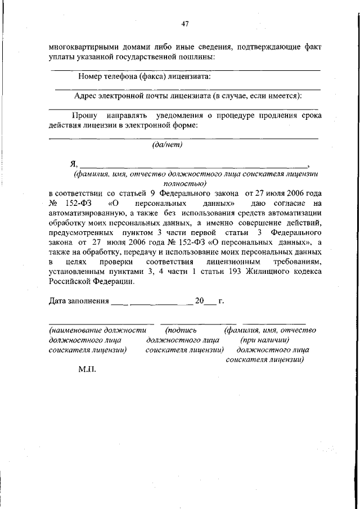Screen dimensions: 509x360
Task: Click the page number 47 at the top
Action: point(184,24)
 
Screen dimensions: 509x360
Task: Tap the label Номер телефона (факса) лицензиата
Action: point(145,76)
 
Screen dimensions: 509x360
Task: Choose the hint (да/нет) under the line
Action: point(167,145)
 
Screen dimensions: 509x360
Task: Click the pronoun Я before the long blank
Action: point(73,164)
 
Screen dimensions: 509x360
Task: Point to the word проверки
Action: point(118,263)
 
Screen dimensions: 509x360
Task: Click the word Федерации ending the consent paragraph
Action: point(111,282)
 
